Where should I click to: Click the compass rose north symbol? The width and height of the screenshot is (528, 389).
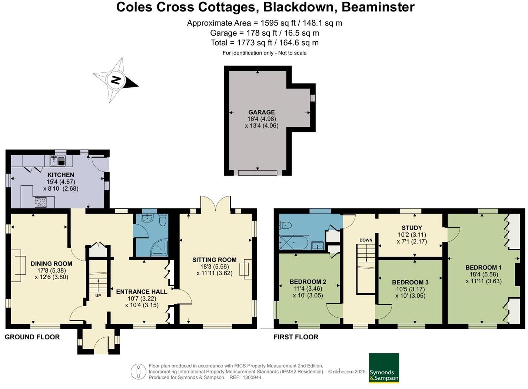[116, 80]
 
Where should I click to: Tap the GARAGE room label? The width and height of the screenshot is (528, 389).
[262, 112]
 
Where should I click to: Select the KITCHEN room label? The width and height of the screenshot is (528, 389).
[61, 175]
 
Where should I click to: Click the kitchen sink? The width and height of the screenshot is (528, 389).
[57, 161]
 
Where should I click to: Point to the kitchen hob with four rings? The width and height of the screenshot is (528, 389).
[41, 202]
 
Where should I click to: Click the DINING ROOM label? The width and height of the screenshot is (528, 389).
[52, 264]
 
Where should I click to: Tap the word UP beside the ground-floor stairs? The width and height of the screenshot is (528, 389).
[98, 296]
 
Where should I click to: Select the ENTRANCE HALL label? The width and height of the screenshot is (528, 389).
[142, 291]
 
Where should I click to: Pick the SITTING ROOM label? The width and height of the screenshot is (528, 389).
[214, 260]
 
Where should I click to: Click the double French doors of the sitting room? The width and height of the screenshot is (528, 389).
[215, 204]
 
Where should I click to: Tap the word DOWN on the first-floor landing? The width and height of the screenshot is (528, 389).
[366, 240]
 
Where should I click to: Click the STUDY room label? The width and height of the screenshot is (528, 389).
[412, 228]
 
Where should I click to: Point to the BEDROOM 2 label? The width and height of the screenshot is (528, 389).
[308, 282]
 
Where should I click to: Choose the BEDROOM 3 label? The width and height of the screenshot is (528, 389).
[410, 282]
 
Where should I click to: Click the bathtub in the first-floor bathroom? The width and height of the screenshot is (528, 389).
[294, 243]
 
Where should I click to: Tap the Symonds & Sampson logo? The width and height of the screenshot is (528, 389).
[384, 368]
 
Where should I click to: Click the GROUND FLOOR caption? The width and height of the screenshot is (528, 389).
[32, 337]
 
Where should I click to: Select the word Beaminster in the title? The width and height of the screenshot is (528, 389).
[378, 7]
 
